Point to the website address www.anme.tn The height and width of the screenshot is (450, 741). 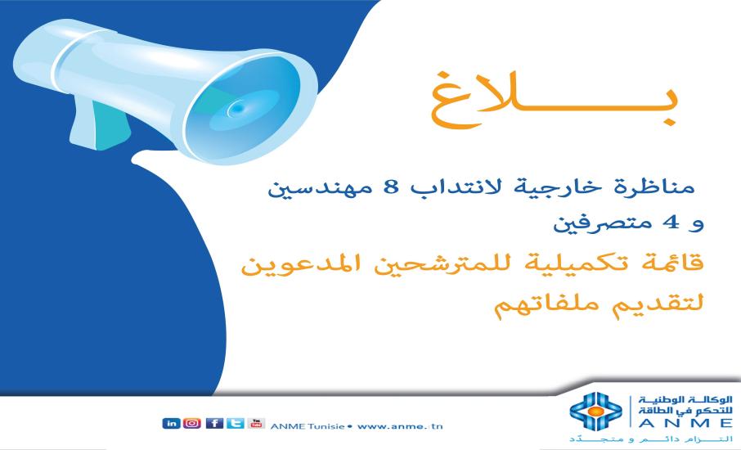(402, 425)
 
